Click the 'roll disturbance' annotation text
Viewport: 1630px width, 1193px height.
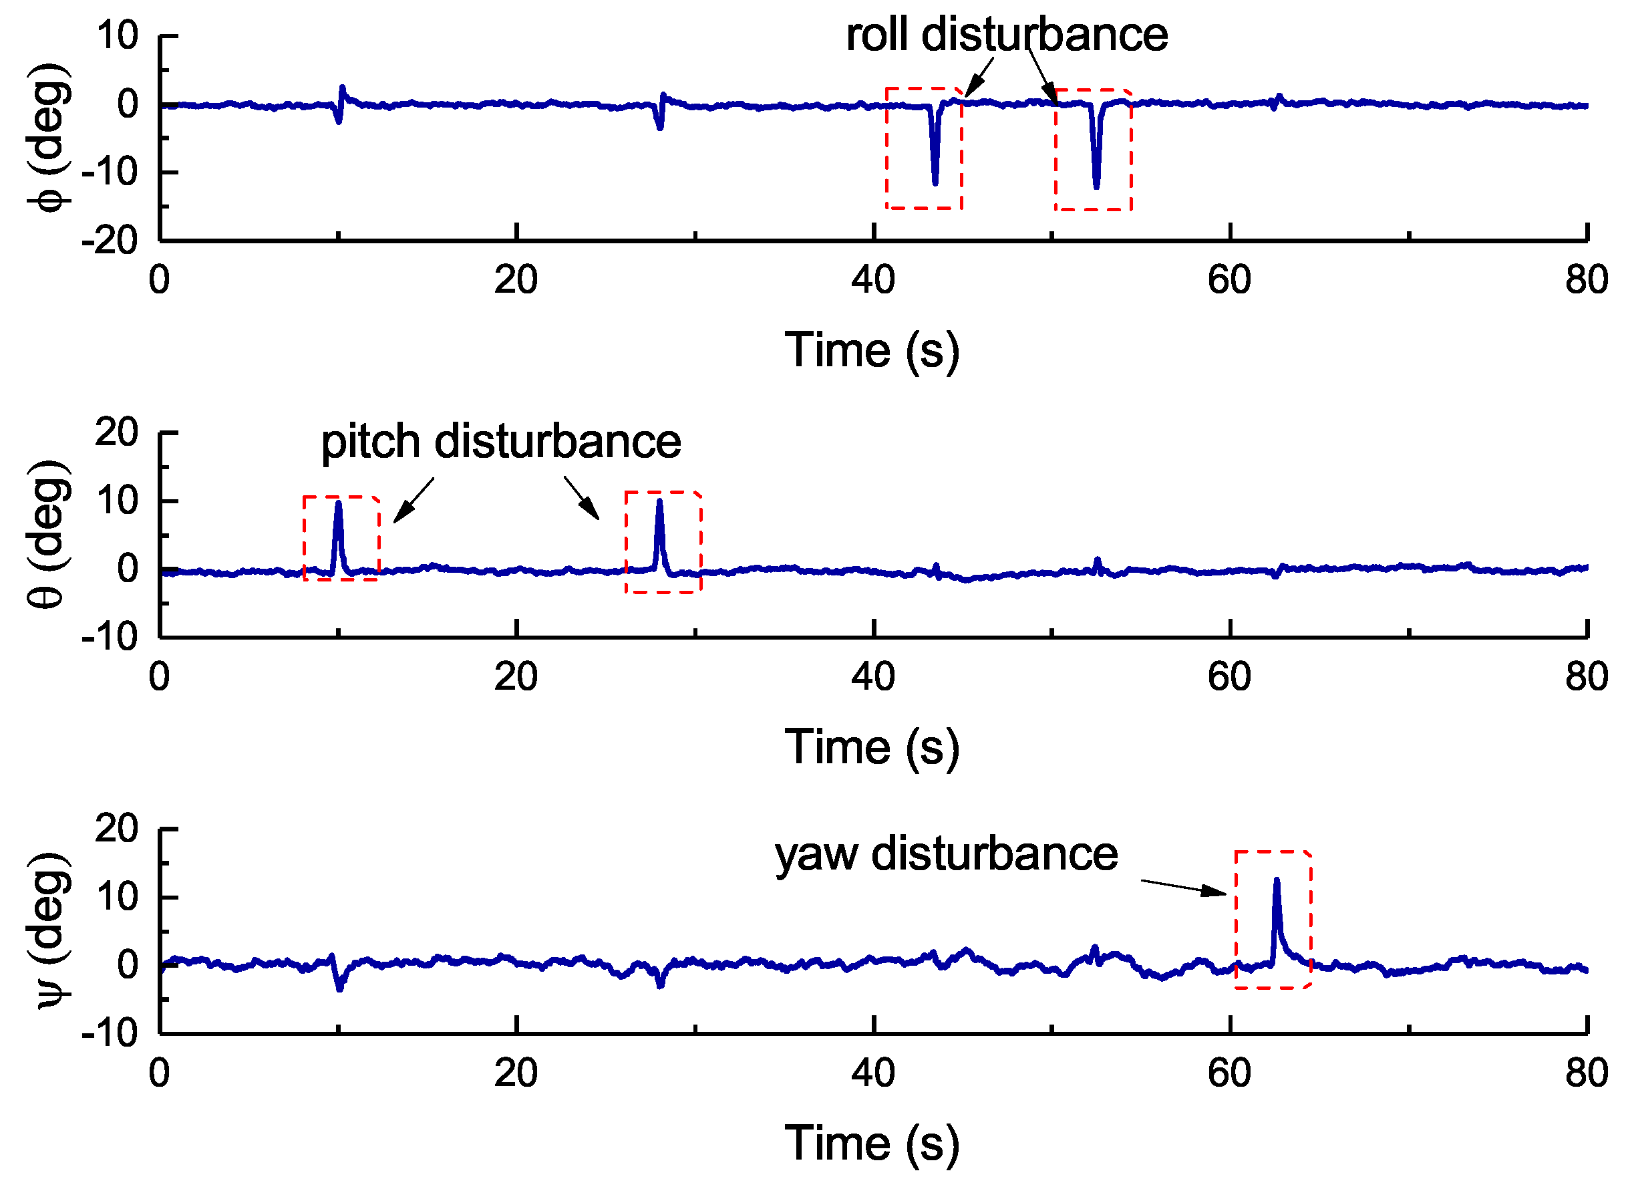1006,35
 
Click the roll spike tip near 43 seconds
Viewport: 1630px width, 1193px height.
935,182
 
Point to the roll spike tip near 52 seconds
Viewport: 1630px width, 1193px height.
1096,186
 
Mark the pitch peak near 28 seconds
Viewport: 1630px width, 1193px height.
660,501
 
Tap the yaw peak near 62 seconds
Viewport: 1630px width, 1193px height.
1277,880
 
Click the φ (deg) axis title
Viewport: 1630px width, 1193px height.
49,137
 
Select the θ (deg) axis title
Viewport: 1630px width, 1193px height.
49,535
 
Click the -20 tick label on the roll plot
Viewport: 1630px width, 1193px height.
110,241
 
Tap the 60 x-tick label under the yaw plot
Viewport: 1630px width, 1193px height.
1229,1073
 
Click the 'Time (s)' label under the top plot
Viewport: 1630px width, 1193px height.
872,351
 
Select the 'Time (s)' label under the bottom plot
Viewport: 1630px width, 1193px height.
872,1144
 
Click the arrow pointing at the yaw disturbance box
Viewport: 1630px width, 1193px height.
1184,887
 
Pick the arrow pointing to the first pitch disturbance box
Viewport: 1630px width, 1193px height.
414,500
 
